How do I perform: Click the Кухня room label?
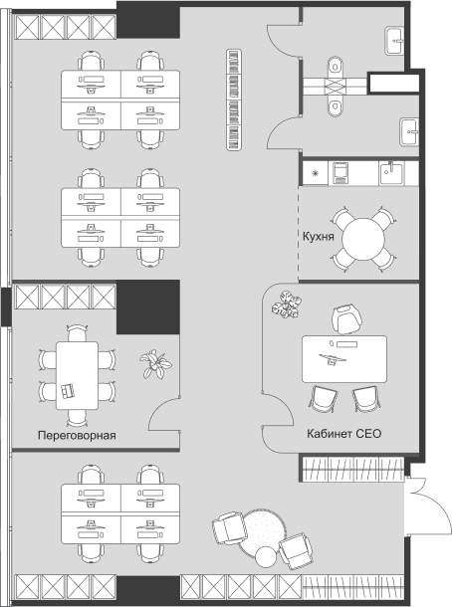(x=318, y=236)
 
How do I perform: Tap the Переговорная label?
(x=77, y=435)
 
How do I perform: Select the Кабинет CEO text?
(x=343, y=433)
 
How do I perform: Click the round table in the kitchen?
(x=363, y=239)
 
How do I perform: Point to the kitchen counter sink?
(x=391, y=173)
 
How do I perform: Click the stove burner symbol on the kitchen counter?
(x=316, y=173)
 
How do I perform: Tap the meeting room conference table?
(x=77, y=375)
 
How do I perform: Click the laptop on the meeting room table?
(x=68, y=390)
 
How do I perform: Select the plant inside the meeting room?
(x=155, y=364)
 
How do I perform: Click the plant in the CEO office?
(x=287, y=304)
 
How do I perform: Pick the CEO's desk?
(x=344, y=359)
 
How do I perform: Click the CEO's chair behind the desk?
(x=346, y=319)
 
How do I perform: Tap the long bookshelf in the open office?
(x=234, y=100)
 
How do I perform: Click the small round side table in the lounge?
(x=266, y=556)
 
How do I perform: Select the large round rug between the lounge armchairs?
(x=262, y=532)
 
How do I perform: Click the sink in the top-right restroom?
(x=394, y=41)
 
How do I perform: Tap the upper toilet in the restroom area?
(x=336, y=67)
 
